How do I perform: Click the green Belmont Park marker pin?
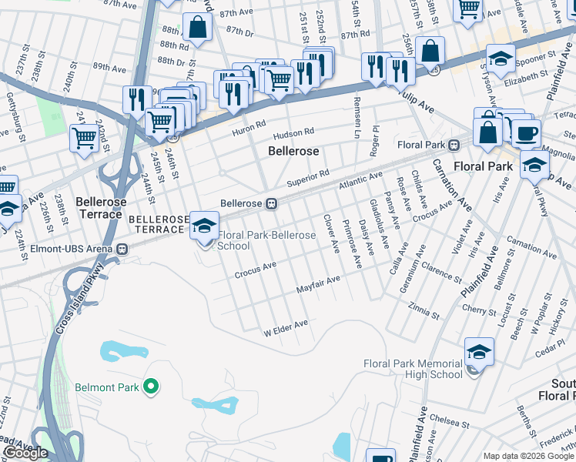(x=152, y=387)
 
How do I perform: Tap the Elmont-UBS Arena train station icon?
(x=121, y=249)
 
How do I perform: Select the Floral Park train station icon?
(x=454, y=144)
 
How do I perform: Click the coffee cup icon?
(x=526, y=132)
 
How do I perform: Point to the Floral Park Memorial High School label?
(x=413, y=369)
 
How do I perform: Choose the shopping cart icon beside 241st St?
(x=84, y=138)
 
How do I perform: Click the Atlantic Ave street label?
(x=361, y=181)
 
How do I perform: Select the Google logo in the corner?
(x=25, y=453)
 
